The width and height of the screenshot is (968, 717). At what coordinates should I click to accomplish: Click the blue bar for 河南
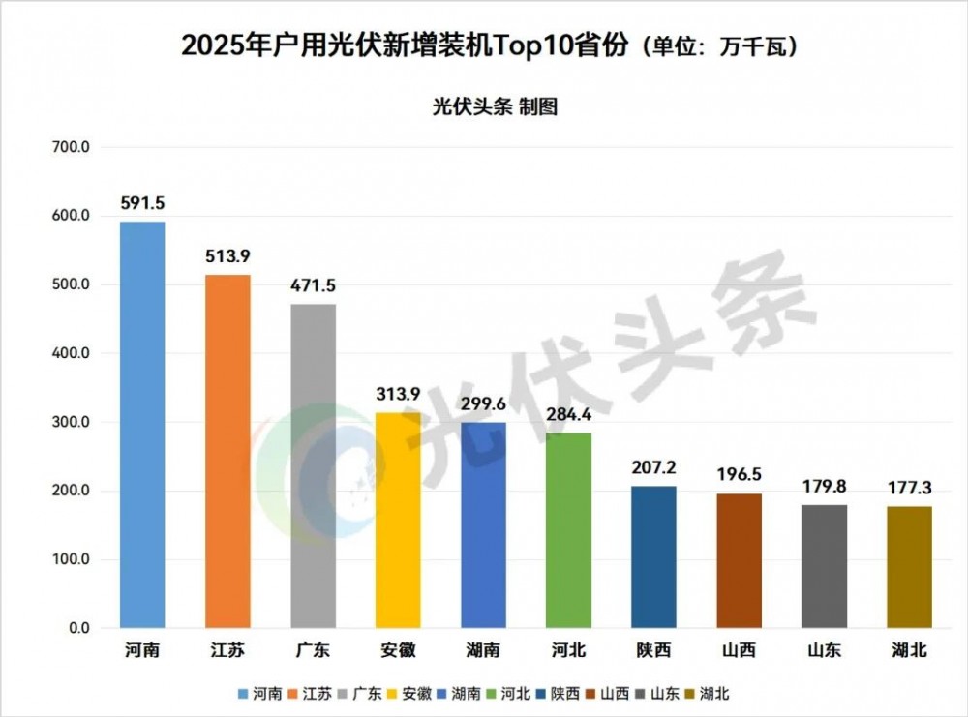coord(142,426)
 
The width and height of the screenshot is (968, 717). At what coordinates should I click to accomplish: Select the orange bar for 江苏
coord(227,452)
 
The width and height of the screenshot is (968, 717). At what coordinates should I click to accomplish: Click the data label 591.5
coord(142,203)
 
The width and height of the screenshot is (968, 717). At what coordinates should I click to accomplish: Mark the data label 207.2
coord(653,467)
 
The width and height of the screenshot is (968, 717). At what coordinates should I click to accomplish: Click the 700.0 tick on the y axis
coord(70,147)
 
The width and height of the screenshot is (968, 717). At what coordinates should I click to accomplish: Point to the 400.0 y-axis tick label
coord(70,353)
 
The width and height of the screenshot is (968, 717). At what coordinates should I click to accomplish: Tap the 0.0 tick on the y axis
coord(77,628)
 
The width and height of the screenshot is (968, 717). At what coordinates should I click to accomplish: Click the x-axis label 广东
coord(313,651)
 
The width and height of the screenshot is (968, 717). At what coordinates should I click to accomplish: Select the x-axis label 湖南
coord(483,651)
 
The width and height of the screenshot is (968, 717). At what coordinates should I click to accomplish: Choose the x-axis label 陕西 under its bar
coord(653,651)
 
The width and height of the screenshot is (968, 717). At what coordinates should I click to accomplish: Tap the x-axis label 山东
coord(824,651)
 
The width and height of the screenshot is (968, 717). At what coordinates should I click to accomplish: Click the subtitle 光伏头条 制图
coord(494,107)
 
